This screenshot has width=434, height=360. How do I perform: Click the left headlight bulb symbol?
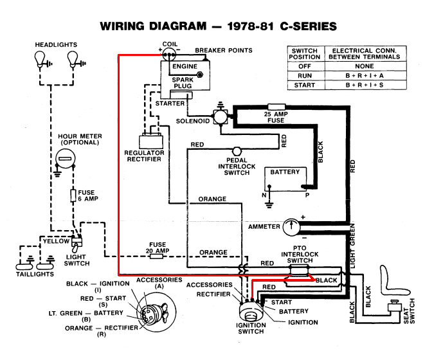pyautogui.click(x=40, y=59)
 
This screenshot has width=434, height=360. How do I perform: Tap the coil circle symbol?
pyautogui.click(x=169, y=54)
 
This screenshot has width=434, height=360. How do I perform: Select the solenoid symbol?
pyautogui.click(x=221, y=117)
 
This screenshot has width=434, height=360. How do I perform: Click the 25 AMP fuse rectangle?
pyautogui.click(x=276, y=107)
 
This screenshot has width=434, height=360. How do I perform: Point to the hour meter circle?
pyautogui.click(x=66, y=159)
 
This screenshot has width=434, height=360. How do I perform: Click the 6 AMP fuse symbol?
pyautogui.click(x=73, y=195)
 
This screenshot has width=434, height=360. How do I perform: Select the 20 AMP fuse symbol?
pyautogui.click(x=156, y=256)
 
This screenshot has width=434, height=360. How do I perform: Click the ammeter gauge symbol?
pyautogui.click(x=291, y=227)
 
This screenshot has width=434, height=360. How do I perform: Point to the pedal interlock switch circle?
pyautogui.click(x=237, y=151)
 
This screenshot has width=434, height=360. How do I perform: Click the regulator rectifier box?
pyautogui.click(x=151, y=141)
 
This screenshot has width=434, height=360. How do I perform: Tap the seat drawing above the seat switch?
pyautogui.click(x=392, y=282)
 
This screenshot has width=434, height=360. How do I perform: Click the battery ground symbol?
pyautogui.click(x=269, y=205)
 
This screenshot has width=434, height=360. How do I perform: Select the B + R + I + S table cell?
pyautogui.click(x=365, y=85)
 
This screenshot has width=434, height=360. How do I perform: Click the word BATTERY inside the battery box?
pyautogui.click(x=285, y=172)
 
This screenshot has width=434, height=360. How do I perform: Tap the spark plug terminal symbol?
pyautogui.click(x=199, y=75)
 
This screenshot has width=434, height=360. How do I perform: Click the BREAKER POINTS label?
pyautogui.click(x=224, y=50)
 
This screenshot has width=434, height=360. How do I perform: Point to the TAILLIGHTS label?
pyautogui.click(x=35, y=274)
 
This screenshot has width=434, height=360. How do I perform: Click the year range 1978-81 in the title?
pyautogui.click(x=251, y=26)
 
